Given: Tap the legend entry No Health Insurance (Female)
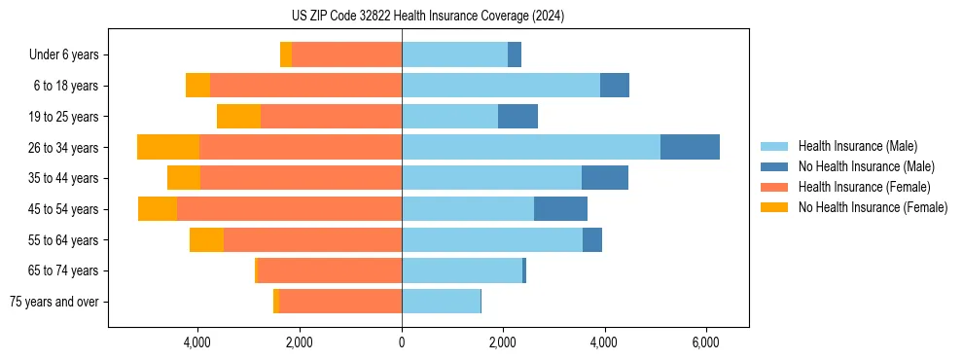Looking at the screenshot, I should [x=873, y=207].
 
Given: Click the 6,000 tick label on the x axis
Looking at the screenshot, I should [x=705, y=342].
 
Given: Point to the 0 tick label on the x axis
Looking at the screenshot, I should [x=402, y=342].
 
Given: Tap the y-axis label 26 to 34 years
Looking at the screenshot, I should [x=64, y=148].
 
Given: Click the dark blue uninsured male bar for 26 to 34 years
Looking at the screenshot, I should [x=690, y=147].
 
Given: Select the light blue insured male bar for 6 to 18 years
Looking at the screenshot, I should [x=501, y=86].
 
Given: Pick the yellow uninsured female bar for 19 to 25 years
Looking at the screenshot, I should [x=238, y=117].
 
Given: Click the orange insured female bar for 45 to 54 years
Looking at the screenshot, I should [x=289, y=209].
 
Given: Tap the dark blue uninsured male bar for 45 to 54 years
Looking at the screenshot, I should [x=560, y=209].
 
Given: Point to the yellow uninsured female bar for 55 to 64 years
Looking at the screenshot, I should [x=206, y=240].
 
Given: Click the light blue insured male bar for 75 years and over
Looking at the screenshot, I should [x=441, y=302].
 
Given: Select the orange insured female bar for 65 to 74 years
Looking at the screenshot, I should [x=329, y=270].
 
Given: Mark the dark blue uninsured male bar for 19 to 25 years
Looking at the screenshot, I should [x=517, y=117].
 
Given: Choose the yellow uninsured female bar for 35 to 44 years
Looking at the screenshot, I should [x=184, y=178].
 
